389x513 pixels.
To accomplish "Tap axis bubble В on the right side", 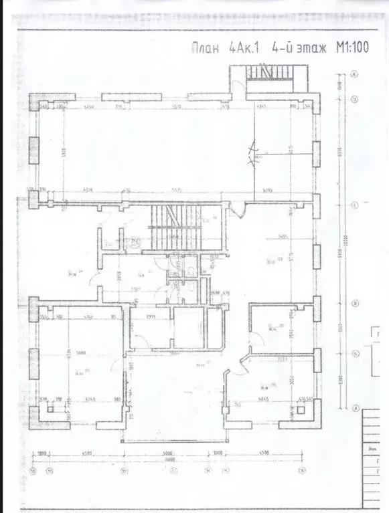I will pyautogui.click(x=356, y=205).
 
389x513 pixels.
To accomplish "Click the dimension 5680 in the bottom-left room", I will pyautogui.click(x=80, y=354).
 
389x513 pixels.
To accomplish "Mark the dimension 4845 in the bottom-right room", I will pyautogui.click(x=263, y=400).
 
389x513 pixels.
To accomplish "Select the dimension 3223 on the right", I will pyautogui.click(x=283, y=359).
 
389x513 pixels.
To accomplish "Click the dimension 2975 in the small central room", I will pyautogui.click(x=151, y=318).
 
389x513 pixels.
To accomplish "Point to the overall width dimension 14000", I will pyautogui.click(x=172, y=459).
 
